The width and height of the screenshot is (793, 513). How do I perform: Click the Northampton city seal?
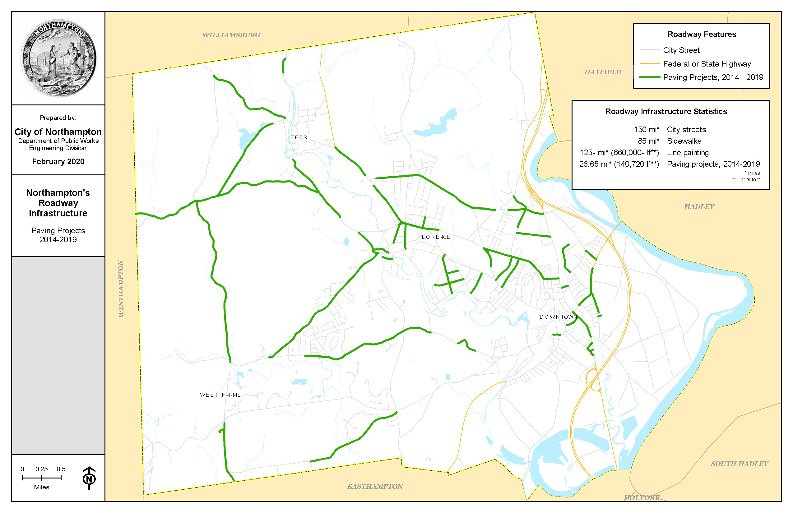(59, 58)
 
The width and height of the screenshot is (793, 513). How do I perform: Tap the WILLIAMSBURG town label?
(231, 35)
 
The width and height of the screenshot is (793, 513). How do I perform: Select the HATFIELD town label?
(602, 72)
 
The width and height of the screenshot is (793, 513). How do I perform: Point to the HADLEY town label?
(699, 206)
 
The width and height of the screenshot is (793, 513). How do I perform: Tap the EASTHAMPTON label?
(375, 486)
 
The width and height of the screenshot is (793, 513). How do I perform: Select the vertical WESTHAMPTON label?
(121, 289)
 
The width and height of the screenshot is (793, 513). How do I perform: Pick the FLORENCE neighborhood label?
(434, 237)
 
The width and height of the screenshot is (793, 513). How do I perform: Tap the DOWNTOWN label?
(558, 317)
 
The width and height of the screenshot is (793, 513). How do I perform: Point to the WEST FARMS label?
(220, 395)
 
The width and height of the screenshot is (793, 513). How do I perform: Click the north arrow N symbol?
(89, 479)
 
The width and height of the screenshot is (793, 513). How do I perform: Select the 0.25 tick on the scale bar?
(42, 478)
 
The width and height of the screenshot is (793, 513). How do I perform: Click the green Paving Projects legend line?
(649, 77)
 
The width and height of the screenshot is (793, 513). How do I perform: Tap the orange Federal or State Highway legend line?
(649, 64)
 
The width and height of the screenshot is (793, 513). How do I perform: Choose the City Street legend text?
(681, 50)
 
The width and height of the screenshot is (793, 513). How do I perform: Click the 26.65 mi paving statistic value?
(619, 164)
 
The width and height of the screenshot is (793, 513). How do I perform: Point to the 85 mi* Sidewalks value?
(648, 141)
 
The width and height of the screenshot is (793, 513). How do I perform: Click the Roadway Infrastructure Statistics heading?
(666, 112)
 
